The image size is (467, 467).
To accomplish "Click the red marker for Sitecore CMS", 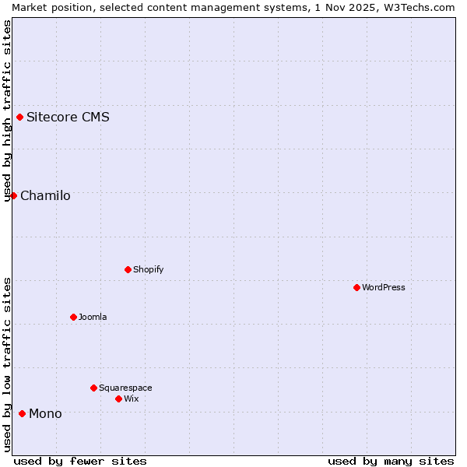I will (20, 118).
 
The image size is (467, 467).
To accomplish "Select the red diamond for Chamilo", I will (13, 195).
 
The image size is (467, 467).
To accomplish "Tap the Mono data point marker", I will (22, 413).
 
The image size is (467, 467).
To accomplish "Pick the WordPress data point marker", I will (356, 287).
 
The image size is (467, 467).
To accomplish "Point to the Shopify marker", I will (128, 269).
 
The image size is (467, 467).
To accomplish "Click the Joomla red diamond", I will (73, 317).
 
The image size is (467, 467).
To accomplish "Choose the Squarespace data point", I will (93, 388).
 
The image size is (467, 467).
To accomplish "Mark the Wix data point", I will (118, 399).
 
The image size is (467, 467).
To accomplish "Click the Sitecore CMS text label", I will (68, 118).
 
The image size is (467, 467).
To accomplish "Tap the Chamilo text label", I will (45, 195).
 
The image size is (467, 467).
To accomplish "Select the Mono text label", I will (45, 413).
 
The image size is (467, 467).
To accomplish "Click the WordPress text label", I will (384, 287).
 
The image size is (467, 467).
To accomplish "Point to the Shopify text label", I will (148, 269).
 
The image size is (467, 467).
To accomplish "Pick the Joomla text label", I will (93, 317).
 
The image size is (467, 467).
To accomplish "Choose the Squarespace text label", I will (125, 388).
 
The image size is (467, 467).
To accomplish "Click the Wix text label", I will (132, 399).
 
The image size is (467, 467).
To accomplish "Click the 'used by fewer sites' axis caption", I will (80, 461).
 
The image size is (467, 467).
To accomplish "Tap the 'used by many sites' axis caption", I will (391, 461).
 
